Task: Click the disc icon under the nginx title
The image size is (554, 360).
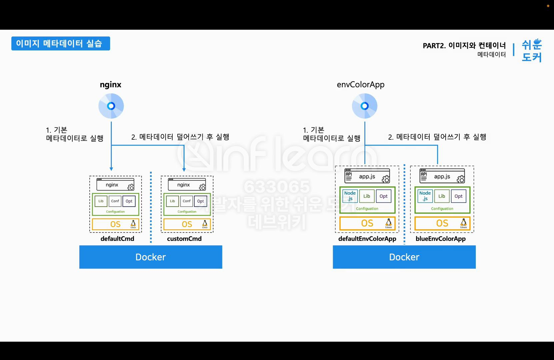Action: [x=111, y=106]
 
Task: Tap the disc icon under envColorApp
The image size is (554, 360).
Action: [x=365, y=106]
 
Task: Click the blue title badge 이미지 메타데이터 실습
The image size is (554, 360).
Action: [x=60, y=44]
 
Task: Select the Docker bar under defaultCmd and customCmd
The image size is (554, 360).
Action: [x=151, y=257]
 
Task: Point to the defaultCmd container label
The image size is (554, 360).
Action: [x=117, y=239]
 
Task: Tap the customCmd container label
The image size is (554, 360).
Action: [x=184, y=239]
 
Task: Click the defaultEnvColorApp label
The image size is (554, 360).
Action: [x=367, y=239]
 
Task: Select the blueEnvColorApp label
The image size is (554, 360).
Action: [x=440, y=239]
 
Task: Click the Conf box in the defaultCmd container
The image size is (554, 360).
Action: [x=115, y=201]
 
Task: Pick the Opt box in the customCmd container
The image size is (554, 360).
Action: [x=200, y=201]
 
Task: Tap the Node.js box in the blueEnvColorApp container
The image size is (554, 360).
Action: [x=425, y=196]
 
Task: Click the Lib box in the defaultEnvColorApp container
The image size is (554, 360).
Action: [x=367, y=196]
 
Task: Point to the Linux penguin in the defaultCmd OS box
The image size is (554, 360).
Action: [x=133, y=224]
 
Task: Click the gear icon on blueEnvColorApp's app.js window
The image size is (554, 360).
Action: [x=461, y=179]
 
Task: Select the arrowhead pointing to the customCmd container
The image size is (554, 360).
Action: [x=184, y=169]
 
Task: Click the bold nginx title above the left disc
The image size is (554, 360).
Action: [x=110, y=85]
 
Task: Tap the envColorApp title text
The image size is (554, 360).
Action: [x=361, y=85]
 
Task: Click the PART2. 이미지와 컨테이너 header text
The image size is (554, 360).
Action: [x=464, y=46]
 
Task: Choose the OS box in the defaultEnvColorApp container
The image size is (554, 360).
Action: [x=367, y=223]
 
